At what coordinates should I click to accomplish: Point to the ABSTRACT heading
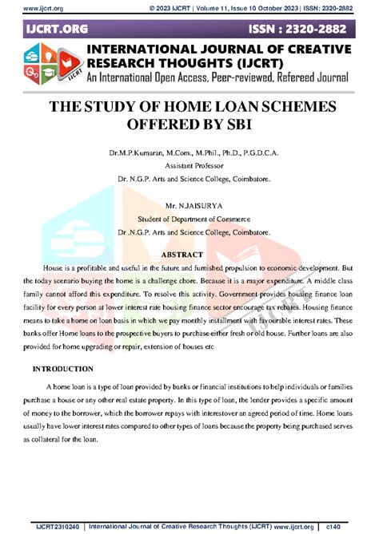coord(189,254)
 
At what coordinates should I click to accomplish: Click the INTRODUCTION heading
coord(63,370)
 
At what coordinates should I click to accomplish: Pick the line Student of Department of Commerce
coord(189,216)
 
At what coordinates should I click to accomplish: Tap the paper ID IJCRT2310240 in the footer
coord(55,525)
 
